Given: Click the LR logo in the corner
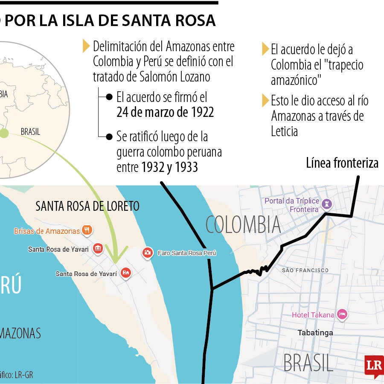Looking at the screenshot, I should [x=374, y=366].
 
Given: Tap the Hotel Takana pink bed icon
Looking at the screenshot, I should [x=342, y=315].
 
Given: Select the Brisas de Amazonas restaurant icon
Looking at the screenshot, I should [x=87, y=230].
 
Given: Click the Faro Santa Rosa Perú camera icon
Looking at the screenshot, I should [x=148, y=253].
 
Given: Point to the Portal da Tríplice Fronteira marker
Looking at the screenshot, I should [x=327, y=203].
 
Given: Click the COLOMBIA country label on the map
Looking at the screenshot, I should [x=243, y=224].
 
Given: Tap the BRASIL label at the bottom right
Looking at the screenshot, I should [x=308, y=363].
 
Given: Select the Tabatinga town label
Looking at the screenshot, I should [x=315, y=332].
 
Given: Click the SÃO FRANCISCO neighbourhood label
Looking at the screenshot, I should [x=305, y=270].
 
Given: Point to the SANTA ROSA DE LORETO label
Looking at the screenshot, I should [x=87, y=207].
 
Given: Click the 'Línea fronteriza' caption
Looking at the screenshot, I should [x=342, y=163].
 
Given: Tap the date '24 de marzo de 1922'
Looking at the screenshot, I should [x=165, y=112].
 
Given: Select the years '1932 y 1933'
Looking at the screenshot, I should [x=169, y=167].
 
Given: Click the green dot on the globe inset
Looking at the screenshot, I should [x=4, y=134].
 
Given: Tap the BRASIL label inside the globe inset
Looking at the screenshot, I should [x=30, y=132].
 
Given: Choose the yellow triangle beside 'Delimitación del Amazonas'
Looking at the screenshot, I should [x=86, y=46].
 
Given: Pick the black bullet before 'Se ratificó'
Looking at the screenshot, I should [x=109, y=137].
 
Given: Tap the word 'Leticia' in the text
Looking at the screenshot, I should [x=284, y=131].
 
